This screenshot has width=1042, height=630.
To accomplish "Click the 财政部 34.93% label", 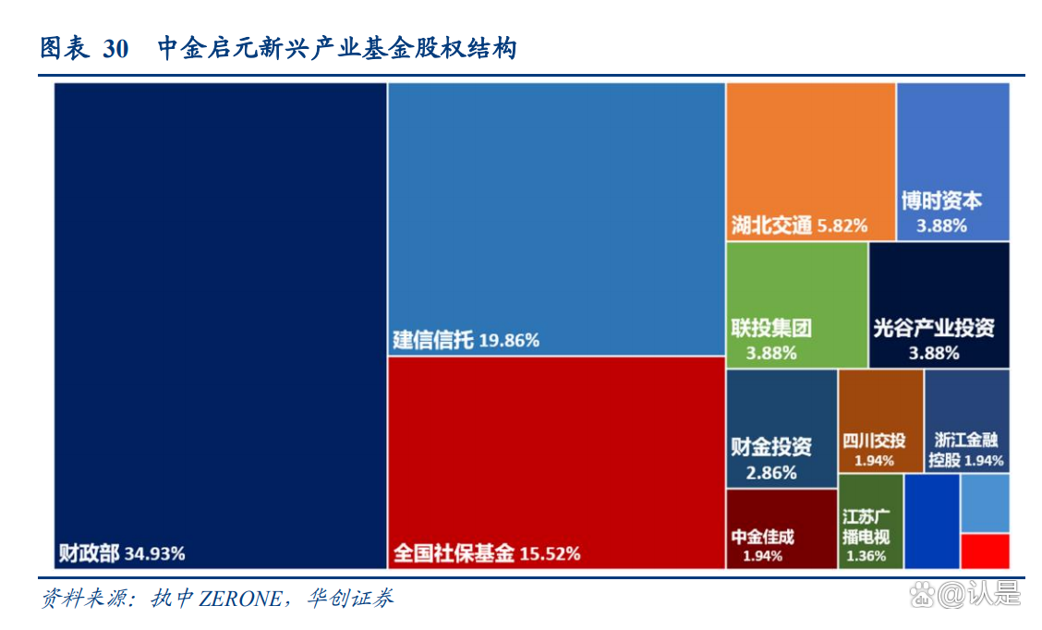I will (121, 553).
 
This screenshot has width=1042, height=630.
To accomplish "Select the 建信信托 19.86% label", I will (466, 340).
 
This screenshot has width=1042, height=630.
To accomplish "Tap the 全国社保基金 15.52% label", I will (486, 553).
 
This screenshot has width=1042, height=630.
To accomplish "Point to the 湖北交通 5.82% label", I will (798, 224).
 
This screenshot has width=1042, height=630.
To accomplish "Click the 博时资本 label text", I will (941, 200).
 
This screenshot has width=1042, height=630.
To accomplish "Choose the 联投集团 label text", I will (771, 328).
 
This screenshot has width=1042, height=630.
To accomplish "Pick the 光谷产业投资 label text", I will (934, 328).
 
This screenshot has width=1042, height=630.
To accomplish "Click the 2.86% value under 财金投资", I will (771, 473).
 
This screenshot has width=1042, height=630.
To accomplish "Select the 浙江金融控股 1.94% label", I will (965, 450).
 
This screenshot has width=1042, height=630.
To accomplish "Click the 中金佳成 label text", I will (762, 537).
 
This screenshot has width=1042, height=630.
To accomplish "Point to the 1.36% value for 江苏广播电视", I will (866, 556).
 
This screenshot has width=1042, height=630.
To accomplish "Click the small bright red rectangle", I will (985, 551).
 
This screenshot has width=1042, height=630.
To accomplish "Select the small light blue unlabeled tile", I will (985, 503).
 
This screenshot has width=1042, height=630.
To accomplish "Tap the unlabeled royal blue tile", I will (931, 521).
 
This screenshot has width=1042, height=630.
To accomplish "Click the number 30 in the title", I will (115, 49).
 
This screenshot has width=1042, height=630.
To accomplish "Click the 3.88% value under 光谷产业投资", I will (934, 352).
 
